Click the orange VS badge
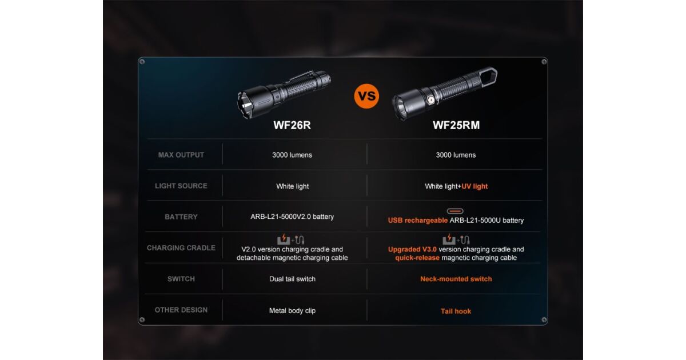point(366,96)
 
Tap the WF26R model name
point(292,125)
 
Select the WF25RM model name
point(456,125)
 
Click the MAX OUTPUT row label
point(181,155)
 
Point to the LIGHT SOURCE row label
point(181,186)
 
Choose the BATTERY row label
point(181,217)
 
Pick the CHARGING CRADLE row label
point(181,247)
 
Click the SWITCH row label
point(181,279)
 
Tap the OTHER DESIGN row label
point(181,310)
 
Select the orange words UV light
point(474,186)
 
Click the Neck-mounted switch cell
point(456,279)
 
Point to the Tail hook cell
point(456,311)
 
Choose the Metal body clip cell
point(292,311)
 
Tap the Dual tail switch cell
point(292,279)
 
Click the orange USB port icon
point(455,211)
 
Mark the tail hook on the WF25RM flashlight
point(488,77)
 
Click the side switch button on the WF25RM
point(431,100)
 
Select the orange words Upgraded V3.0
point(412,250)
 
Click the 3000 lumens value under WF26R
point(292,155)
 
